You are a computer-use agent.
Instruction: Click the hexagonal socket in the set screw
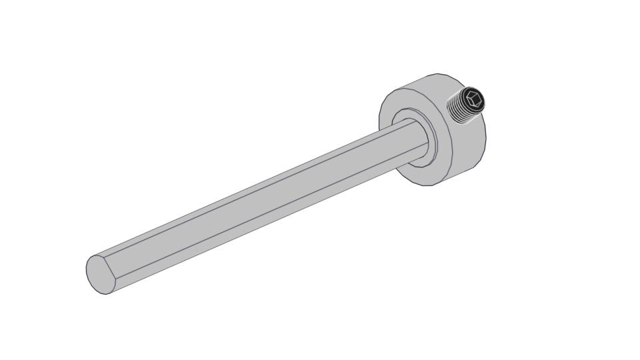[x=474, y=100]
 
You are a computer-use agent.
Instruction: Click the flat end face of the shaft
[x=101, y=273]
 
